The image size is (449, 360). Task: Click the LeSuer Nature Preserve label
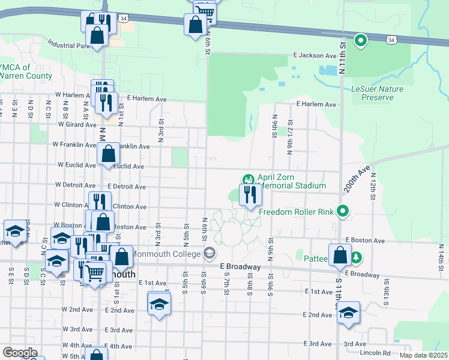coord(377,93)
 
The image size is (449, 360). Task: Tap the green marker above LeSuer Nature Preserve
coord(361,41)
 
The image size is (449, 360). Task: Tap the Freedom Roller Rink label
coord(296,211)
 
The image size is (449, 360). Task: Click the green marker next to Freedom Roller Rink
coord(343,211)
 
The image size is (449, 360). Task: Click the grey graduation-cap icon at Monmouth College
coord(209,253)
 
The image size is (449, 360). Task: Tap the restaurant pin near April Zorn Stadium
coord(250,194)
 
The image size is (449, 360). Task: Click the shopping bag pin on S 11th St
coord(340,254)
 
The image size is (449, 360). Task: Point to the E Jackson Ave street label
coord(314,55)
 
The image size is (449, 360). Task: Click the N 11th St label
coord(343,58)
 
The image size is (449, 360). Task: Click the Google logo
coord(20,353)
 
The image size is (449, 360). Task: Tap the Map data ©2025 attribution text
coord(423,355)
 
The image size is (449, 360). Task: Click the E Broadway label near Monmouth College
coord(240,266)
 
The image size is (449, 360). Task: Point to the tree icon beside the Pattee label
coord(357,257)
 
